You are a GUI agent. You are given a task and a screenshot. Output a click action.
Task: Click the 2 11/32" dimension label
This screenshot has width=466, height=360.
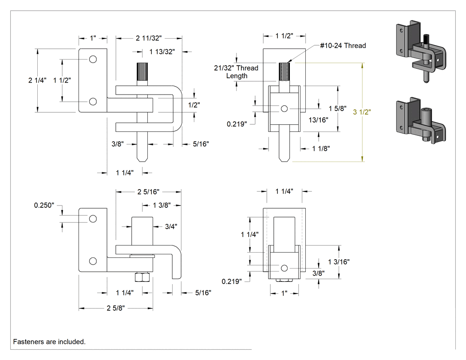(149, 38)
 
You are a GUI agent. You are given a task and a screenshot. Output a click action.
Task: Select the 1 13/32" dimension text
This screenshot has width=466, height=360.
(162, 52)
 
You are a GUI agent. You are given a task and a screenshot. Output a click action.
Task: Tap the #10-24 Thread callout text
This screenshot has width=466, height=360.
(343, 45)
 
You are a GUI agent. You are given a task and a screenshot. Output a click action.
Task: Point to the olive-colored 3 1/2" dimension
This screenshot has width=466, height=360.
(362, 112)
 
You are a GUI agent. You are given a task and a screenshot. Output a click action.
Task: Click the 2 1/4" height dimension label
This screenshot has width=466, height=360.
(37, 80)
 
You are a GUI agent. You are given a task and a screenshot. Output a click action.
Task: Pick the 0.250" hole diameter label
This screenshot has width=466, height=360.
(44, 205)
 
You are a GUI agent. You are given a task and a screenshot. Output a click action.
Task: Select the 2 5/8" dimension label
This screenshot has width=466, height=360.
(115, 308)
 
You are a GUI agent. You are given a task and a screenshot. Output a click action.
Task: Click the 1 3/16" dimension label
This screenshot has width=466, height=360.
(339, 262)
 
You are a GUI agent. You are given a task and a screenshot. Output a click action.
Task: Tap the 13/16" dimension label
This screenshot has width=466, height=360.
(318, 120)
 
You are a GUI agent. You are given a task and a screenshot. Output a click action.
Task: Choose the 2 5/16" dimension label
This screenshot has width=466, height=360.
(148, 192)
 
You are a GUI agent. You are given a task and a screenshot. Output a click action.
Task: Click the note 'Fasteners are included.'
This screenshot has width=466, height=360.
(49, 342)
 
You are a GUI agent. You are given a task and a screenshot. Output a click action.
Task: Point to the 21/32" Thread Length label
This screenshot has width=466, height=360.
(236, 72)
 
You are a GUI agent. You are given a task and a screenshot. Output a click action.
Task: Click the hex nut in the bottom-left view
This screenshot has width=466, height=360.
(142, 277)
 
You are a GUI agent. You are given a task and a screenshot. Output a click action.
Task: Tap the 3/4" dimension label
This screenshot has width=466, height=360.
(171, 226)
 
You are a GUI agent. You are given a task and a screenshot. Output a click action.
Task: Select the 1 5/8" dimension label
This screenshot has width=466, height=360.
(338, 108)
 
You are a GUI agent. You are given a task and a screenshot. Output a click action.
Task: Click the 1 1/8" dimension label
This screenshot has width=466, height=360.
(321, 149)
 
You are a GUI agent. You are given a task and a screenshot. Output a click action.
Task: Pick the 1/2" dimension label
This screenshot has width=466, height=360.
(194, 105)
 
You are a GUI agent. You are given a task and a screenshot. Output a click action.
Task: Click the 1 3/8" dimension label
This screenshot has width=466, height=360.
(162, 205)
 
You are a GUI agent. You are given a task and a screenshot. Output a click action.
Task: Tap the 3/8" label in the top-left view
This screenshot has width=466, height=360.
(118, 144)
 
